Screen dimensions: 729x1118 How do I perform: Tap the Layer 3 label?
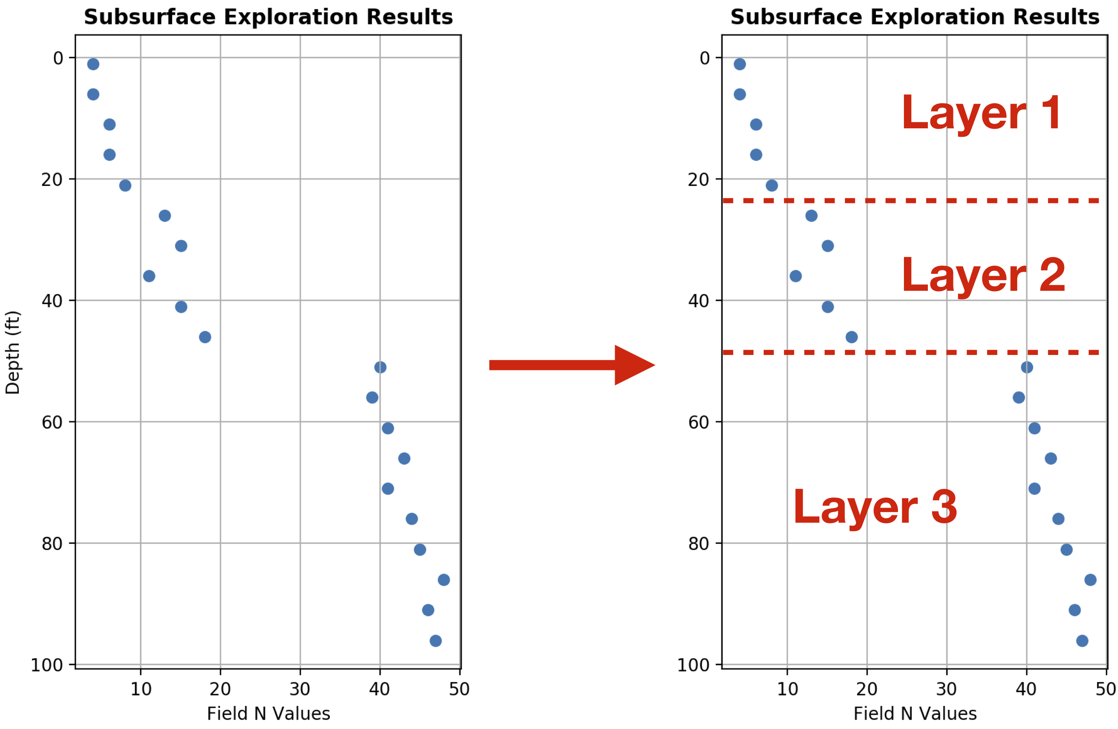point(875,507)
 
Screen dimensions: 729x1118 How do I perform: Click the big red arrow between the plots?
point(571,365)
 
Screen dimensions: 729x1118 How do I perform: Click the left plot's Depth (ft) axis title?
point(12,352)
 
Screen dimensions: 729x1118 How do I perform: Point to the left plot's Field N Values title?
point(268,714)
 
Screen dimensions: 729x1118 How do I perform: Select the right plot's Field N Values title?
point(914,714)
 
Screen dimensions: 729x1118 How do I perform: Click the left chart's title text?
point(268,17)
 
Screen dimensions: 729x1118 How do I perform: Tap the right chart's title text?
point(914,17)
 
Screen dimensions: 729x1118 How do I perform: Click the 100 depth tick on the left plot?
point(46,665)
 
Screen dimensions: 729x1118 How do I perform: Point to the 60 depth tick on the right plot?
point(698,422)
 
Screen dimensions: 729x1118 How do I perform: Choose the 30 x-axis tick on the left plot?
point(300,689)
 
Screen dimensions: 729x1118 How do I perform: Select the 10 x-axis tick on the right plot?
point(787,689)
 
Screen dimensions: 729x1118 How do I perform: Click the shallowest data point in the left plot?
point(93,64)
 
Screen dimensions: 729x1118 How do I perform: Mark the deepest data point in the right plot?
point(1082,641)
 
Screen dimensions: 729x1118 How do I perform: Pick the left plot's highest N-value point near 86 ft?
point(444,580)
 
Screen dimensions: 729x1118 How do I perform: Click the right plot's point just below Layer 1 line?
point(811,216)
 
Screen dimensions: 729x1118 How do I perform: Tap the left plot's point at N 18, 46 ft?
point(205,337)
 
